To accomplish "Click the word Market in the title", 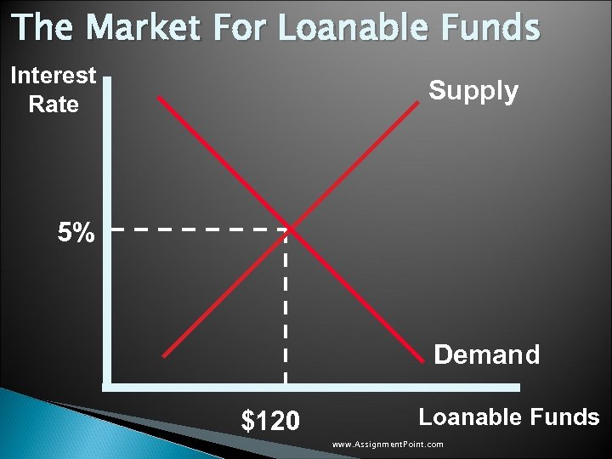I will click(x=145, y=28).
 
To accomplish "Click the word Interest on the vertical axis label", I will click(x=54, y=76).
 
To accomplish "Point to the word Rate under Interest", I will click(x=54, y=105).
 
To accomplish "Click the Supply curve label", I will click(x=473, y=90).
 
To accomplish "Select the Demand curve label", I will click(x=486, y=354).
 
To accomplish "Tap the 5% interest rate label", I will click(x=76, y=232).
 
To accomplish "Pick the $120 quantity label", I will click(x=270, y=420).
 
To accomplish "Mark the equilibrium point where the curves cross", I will click(x=289, y=229).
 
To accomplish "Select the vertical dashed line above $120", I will click(x=285, y=306).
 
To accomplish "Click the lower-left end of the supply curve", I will click(x=165, y=354).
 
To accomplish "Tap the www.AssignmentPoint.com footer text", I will click(x=388, y=445).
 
